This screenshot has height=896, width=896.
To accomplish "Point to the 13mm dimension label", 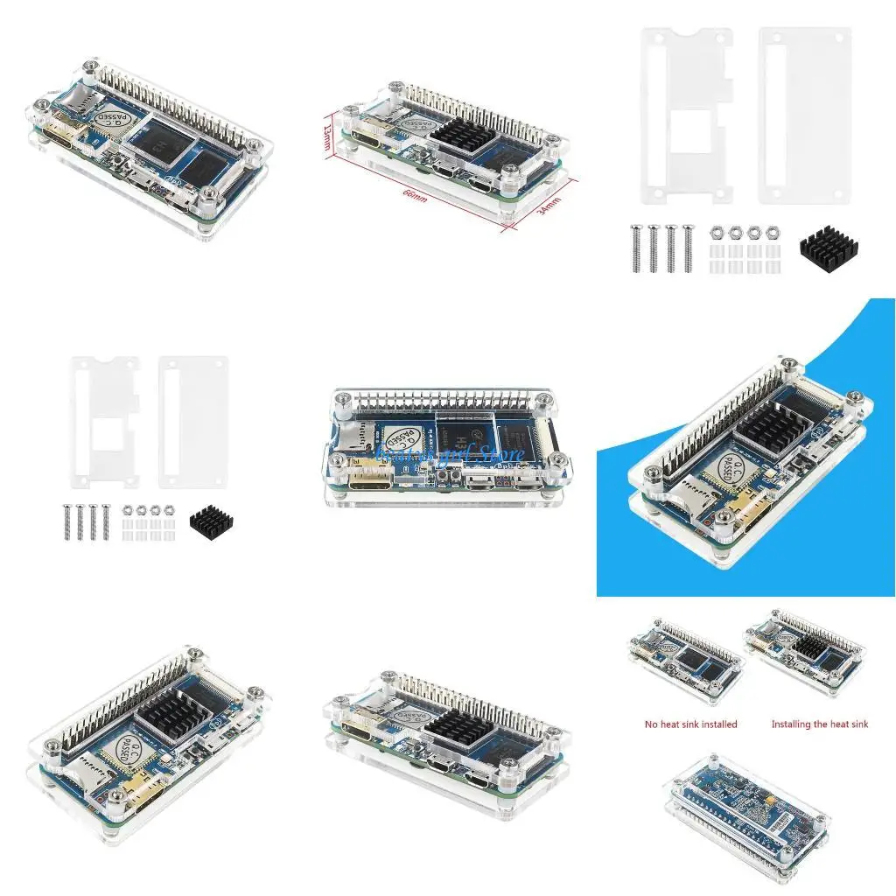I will click(327, 137).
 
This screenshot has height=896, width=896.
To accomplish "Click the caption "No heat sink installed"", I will click(691, 724).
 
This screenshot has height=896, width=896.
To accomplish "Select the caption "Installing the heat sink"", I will click(820, 724).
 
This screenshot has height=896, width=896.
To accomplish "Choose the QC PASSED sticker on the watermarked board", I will click(404, 435).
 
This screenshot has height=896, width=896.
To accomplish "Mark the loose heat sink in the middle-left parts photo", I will click(210, 523).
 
